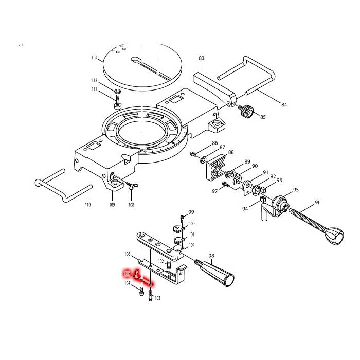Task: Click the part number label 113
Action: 94,58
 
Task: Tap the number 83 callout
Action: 201,58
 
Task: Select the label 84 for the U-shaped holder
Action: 284,105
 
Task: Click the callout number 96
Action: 317,203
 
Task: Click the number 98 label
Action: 211,256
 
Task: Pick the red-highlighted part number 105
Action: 126,274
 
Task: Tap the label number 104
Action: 127,283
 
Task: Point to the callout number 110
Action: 87,205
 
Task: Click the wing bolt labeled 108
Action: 129,187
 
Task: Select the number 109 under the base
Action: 112,205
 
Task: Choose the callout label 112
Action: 94,81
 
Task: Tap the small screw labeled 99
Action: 182,218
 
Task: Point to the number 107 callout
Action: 192,245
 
